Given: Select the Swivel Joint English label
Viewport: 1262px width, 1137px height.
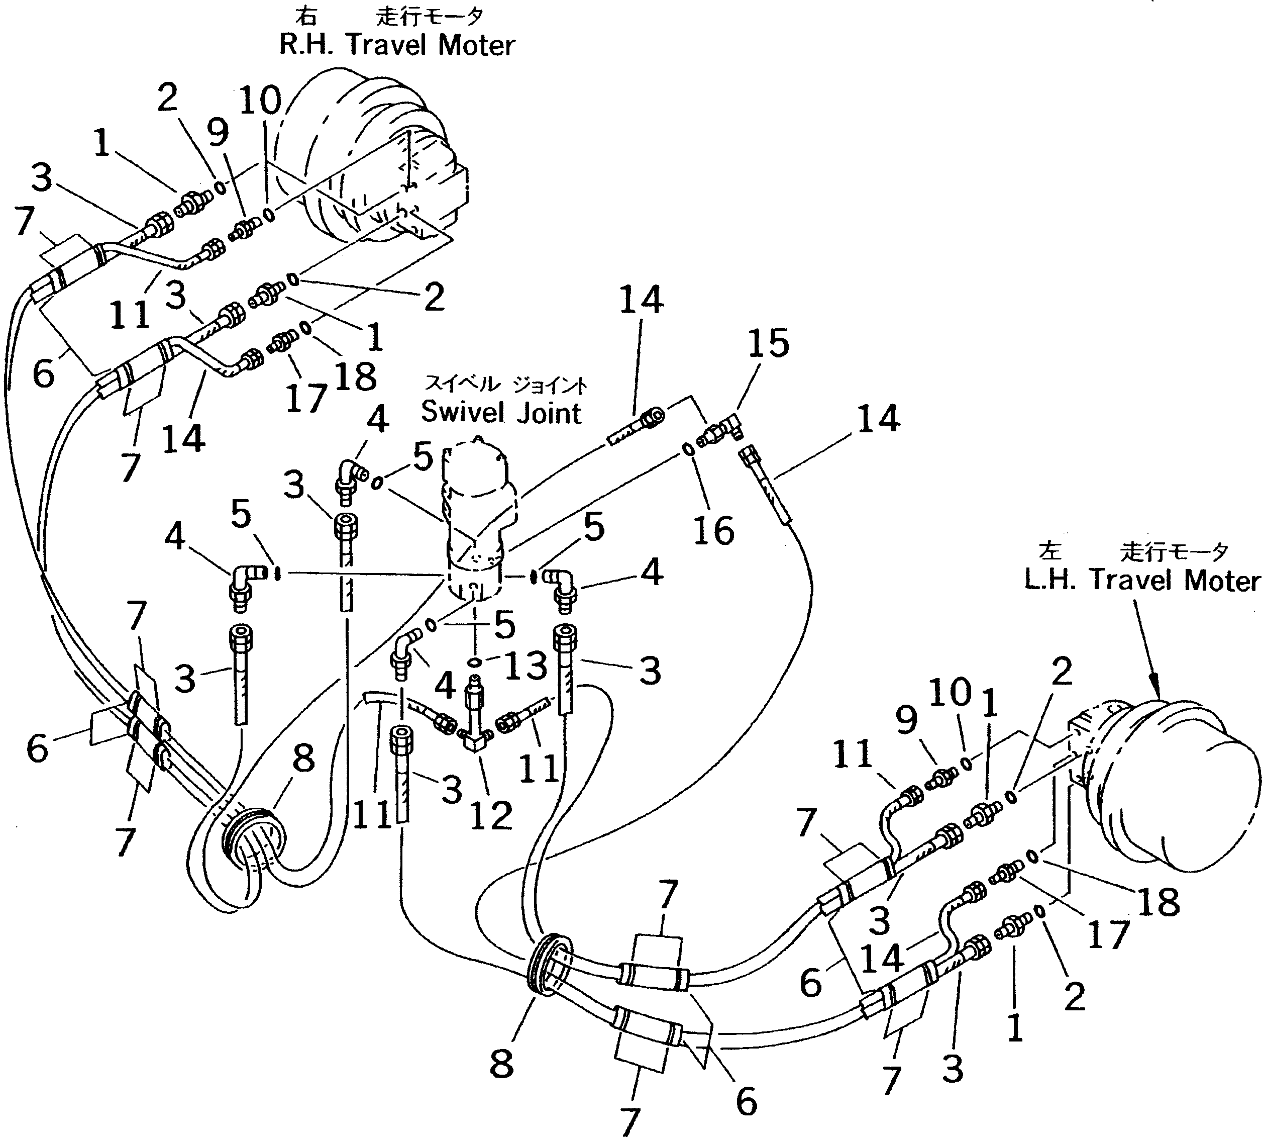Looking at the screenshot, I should pos(501,413).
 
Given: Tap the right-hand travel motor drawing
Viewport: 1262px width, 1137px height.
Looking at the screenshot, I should pos(375,162).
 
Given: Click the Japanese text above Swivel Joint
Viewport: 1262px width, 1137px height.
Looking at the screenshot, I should pos(506,384).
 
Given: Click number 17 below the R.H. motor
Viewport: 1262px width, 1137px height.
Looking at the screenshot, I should pos(306,398).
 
